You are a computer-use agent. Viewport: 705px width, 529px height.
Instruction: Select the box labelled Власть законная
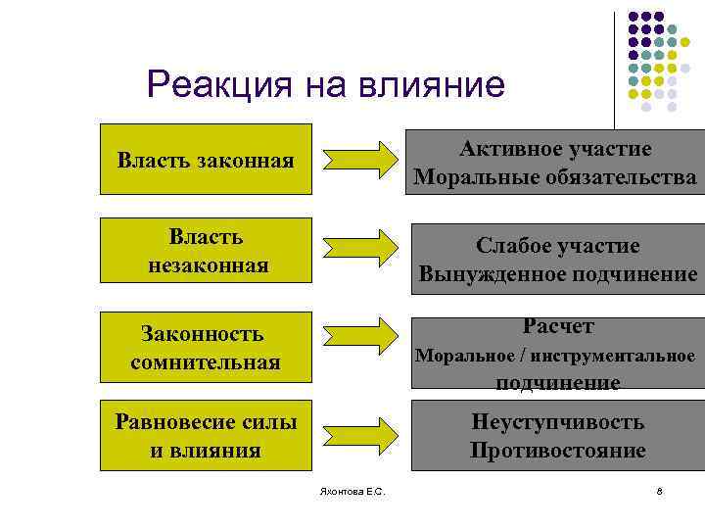[x=206, y=159]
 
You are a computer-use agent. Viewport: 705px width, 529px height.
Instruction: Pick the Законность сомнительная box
[x=206, y=347]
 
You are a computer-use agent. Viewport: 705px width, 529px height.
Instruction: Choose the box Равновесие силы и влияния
[x=206, y=436]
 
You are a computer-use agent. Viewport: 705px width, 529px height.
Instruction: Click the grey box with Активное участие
[x=554, y=163]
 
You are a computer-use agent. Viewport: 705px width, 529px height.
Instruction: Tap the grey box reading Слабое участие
[x=558, y=260]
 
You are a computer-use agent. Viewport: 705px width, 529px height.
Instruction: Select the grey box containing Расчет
[x=558, y=354]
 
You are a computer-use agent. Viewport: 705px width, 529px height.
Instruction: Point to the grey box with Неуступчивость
[x=557, y=436]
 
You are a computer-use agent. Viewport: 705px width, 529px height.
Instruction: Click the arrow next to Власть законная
[x=359, y=160]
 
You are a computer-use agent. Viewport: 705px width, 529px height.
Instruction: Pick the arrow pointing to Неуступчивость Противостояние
[x=359, y=434]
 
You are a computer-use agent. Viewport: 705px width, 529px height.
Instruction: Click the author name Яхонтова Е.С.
[x=352, y=491]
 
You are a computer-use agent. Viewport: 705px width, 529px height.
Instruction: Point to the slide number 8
[x=660, y=491]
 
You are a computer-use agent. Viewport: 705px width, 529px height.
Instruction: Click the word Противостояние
[x=557, y=451]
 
